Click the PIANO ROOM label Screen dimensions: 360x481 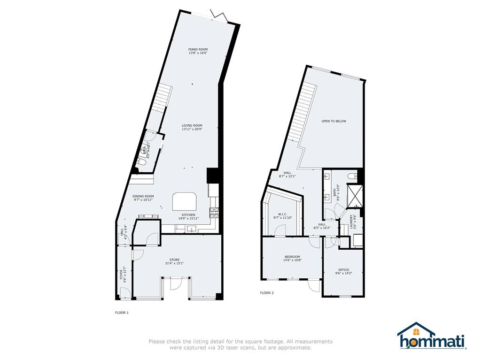coord(198,49)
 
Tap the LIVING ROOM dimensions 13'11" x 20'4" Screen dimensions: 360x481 coord(192,130)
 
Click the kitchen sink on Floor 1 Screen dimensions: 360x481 coord(191,230)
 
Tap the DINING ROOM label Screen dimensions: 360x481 coord(143,196)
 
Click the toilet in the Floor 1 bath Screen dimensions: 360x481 coord(141,161)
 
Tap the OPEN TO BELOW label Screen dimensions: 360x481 coord(334,121)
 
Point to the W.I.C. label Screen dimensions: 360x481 coord(282,214)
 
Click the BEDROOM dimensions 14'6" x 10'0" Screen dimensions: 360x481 coord(292,260)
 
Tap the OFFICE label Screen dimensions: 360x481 coord(343,269)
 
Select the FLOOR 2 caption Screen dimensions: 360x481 coord(267,293)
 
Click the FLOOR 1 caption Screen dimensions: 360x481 coord(122,312)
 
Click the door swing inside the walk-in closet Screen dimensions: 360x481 coord(280,230)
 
